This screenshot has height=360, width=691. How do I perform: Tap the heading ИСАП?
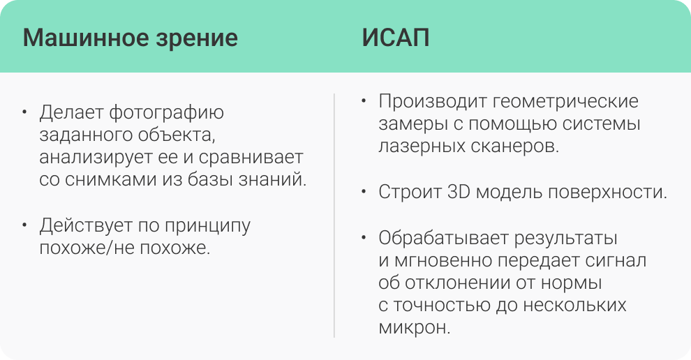point(396,38)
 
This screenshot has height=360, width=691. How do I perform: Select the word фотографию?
point(167,114)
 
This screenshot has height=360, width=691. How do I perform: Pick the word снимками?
point(111,180)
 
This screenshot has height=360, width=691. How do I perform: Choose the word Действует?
point(86,226)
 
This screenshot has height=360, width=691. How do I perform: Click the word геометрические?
point(565,102)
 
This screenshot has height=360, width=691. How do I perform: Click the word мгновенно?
point(443,261)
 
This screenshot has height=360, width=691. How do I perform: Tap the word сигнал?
point(616,261)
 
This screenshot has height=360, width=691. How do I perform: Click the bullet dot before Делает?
point(24,112)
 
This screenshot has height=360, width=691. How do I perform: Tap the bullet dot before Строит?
point(364,192)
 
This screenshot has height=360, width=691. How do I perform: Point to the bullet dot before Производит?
point(364,101)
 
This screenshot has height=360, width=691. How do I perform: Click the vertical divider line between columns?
point(334,216)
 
